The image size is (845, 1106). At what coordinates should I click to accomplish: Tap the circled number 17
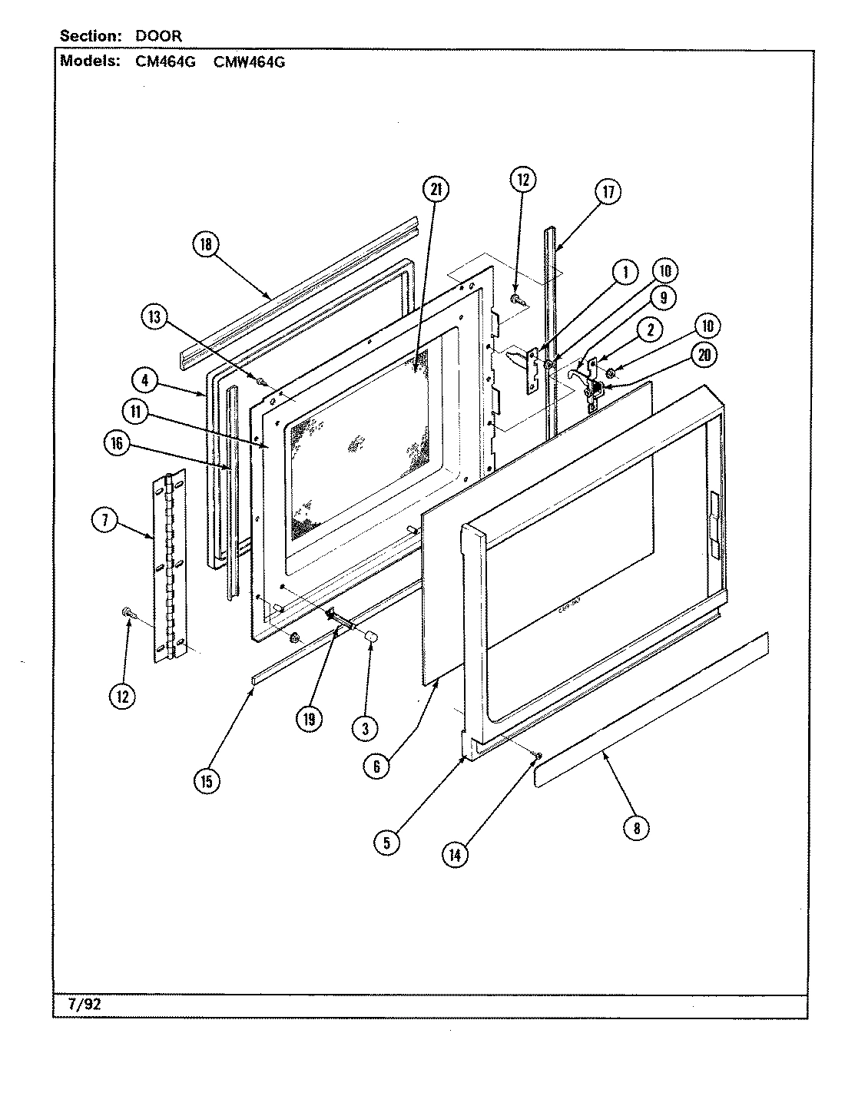coord(608,191)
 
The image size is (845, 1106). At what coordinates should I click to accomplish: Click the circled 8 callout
coord(637,827)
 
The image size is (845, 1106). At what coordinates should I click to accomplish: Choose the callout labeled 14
coord(455,855)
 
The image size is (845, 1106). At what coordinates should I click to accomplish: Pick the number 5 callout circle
coord(386,843)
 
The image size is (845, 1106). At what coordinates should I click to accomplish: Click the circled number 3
coord(365,727)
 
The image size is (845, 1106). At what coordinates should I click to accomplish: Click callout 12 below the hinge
coord(122,697)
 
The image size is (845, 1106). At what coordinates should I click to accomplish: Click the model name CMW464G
coord(248,63)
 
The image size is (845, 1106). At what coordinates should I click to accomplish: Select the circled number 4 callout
coord(144,379)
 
